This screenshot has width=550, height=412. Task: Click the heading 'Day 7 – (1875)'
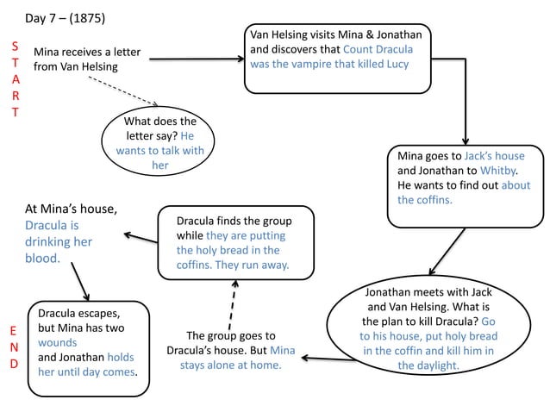(66, 18)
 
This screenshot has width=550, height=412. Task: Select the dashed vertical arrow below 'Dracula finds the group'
(232, 301)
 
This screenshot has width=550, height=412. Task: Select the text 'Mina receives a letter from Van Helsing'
(86, 59)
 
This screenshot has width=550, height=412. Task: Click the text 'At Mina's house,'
(71, 209)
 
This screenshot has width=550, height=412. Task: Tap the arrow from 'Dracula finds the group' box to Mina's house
(140, 235)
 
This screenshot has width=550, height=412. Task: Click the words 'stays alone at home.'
(231, 365)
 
